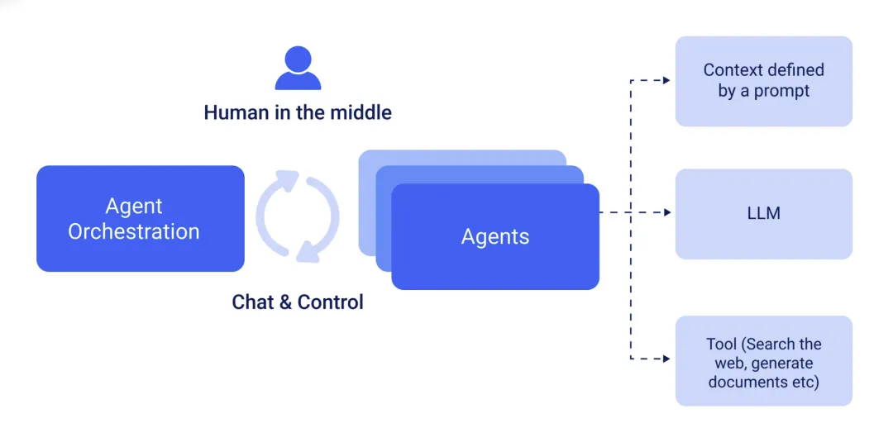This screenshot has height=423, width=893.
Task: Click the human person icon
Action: pyautogui.click(x=298, y=69)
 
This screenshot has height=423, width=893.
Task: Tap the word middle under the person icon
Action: pyautogui.click(x=361, y=112)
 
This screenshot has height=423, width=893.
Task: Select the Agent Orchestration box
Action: pyautogui.click(x=141, y=218)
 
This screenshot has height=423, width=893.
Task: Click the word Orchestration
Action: pyautogui.click(x=134, y=232)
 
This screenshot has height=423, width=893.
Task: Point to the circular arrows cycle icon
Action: pyautogui.click(x=298, y=216)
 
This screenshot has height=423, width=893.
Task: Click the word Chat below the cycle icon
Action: pyautogui.click(x=252, y=302)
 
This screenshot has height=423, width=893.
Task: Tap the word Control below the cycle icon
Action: pyautogui.click(x=331, y=302)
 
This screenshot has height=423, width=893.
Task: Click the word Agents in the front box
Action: pyautogui.click(x=495, y=237)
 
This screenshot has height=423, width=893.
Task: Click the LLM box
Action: pyautogui.click(x=763, y=214)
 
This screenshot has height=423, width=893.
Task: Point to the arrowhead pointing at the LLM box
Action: pyautogui.click(x=666, y=213)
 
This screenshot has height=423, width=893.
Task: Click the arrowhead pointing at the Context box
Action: pyautogui.click(x=666, y=81)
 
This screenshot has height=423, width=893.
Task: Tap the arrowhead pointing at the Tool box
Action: pyautogui.click(x=666, y=359)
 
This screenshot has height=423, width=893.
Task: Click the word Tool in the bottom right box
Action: pyautogui.click(x=721, y=344)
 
